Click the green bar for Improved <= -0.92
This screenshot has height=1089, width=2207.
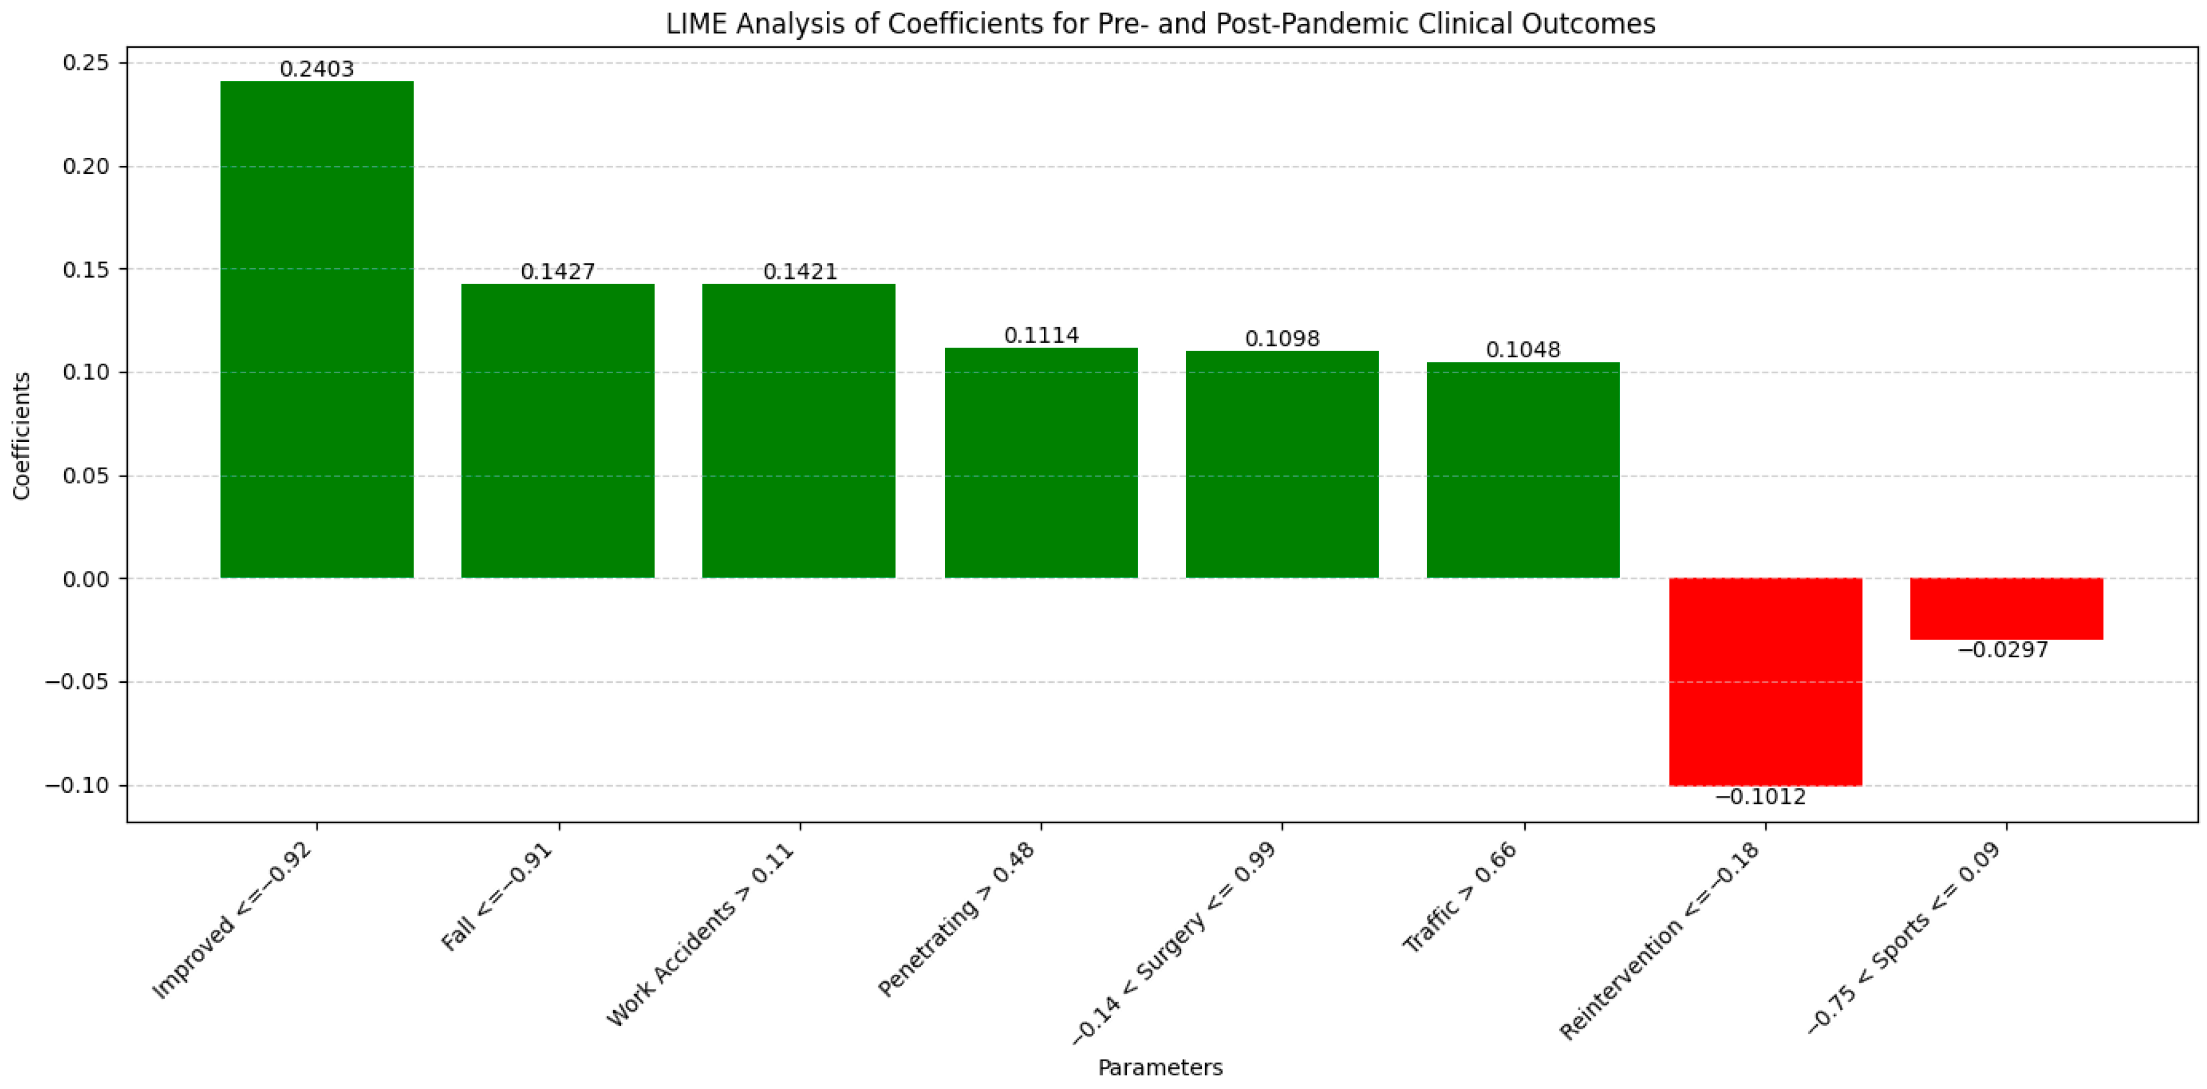(x=317, y=330)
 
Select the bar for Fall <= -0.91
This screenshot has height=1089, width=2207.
(x=558, y=431)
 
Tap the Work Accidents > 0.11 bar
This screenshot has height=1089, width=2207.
(x=798, y=431)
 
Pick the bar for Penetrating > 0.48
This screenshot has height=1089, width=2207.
(x=1041, y=462)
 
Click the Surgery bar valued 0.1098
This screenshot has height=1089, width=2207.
(x=1282, y=464)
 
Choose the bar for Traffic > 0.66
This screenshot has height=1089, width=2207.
(x=1522, y=470)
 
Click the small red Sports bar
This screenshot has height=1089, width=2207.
(x=2006, y=609)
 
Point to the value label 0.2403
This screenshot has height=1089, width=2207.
(x=317, y=69)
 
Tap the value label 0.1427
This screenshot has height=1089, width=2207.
(x=558, y=272)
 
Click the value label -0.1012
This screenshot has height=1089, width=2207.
(x=1760, y=797)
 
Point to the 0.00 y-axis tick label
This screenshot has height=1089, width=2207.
(x=86, y=579)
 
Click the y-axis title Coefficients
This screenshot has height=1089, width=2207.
(x=22, y=435)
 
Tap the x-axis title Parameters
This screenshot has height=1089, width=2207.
(x=1160, y=1067)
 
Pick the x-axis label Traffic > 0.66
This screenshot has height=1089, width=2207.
(x=1460, y=896)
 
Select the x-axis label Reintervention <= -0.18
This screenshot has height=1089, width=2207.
(x=1660, y=940)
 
